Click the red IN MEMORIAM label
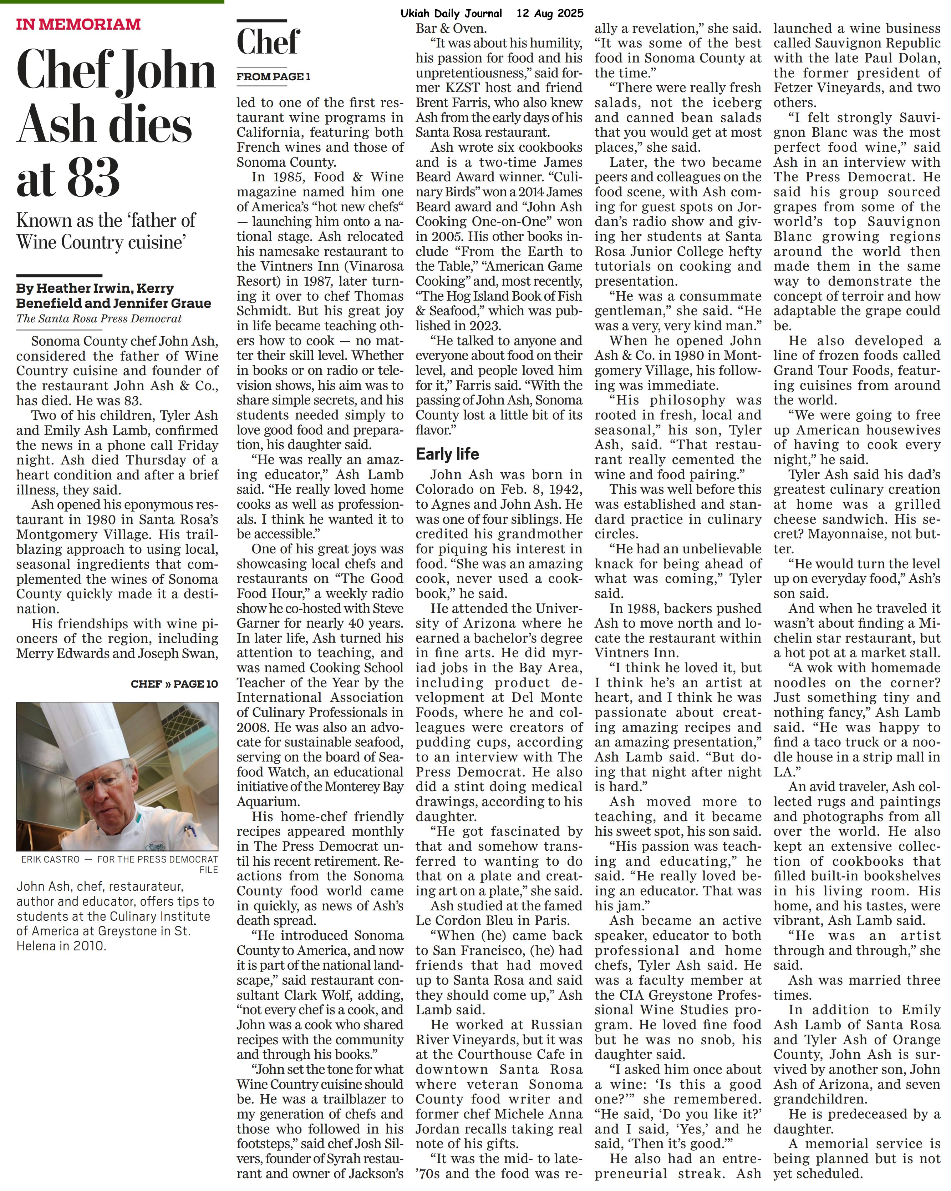tap(78, 24)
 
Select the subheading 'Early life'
tap(447, 454)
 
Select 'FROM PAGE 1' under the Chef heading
tap(274, 77)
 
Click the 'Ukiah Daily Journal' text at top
tap(452, 13)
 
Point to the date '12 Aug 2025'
tap(550, 13)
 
